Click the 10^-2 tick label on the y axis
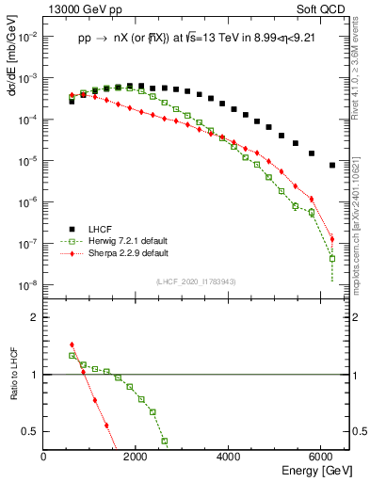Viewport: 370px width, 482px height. point(26,37)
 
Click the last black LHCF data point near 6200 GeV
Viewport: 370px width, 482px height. point(332,165)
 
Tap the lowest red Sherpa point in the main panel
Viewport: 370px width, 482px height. point(332,238)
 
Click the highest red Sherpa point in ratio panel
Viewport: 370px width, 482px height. point(72,345)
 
